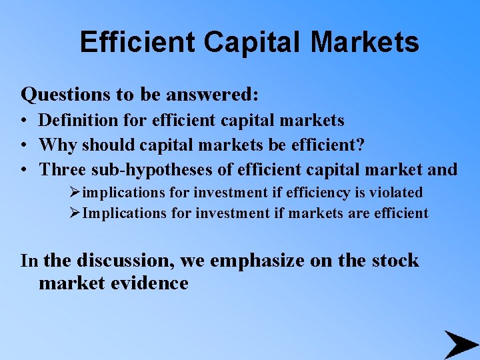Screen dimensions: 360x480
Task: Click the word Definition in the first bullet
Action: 73,121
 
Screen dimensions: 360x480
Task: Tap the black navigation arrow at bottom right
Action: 460,344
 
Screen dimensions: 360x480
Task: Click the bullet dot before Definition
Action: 23,121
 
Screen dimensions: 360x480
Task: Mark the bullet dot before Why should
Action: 23,145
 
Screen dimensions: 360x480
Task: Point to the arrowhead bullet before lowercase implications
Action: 74,193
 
